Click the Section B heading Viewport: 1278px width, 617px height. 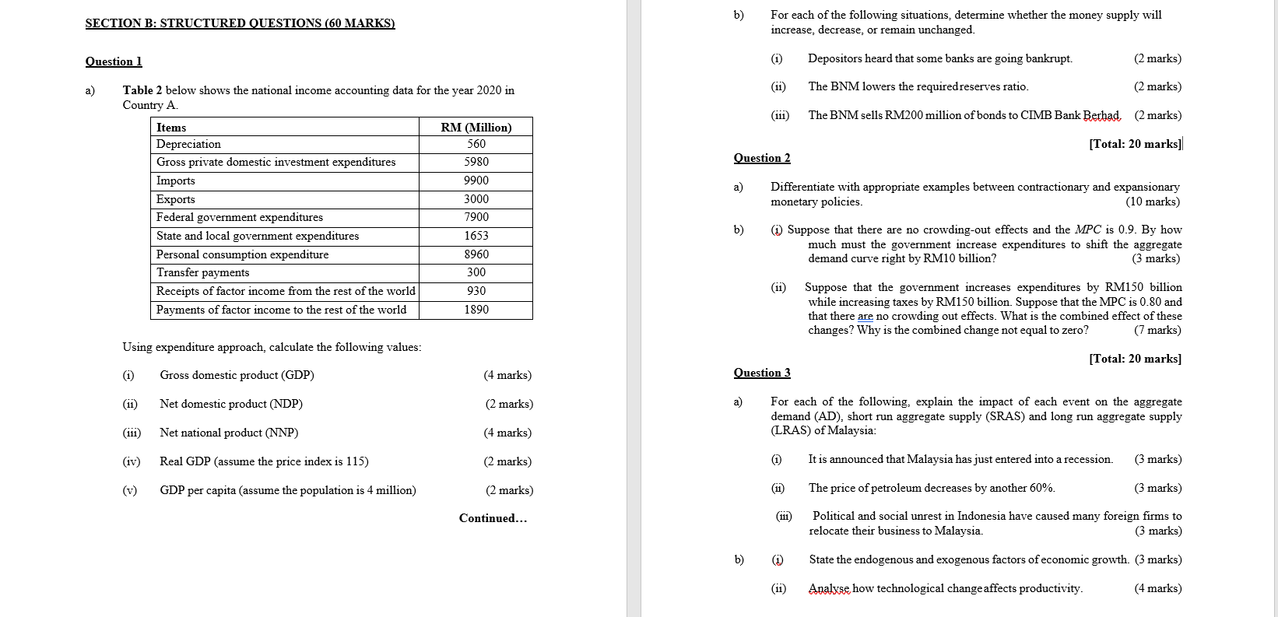tap(240, 23)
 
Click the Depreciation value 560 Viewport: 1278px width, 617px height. tap(476, 144)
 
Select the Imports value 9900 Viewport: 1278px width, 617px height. tap(476, 181)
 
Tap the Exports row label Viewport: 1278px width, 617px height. tap(176, 199)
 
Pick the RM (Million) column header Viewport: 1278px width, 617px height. tap(476, 128)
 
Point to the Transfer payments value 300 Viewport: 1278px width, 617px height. tap(476, 272)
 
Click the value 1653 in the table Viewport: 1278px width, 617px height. tap(476, 236)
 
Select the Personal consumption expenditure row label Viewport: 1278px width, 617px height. tap(242, 254)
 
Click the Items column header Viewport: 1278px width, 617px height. tap(171, 128)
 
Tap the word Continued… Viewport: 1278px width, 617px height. tap(493, 518)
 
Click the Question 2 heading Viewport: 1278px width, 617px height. tap(762, 158)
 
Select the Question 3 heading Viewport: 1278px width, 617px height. tap(762, 373)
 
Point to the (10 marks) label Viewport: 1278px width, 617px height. tap(1153, 202)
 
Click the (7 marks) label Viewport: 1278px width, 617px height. tap(1157, 330)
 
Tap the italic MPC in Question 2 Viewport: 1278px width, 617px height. tap(1087, 230)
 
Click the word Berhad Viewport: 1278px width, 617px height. tap(1101, 115)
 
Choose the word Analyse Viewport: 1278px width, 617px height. tap(829, 588)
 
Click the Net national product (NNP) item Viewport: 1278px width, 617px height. tap(229, 433)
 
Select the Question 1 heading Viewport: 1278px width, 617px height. tap(114, 61)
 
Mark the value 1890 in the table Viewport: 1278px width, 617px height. tap(476, 310)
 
